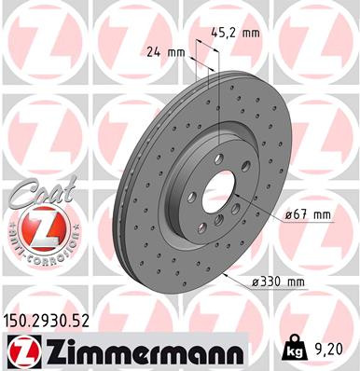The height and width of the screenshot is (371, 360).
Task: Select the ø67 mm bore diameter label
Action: point(308,215)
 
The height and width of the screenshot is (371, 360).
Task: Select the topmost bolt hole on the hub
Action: point(219,158)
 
